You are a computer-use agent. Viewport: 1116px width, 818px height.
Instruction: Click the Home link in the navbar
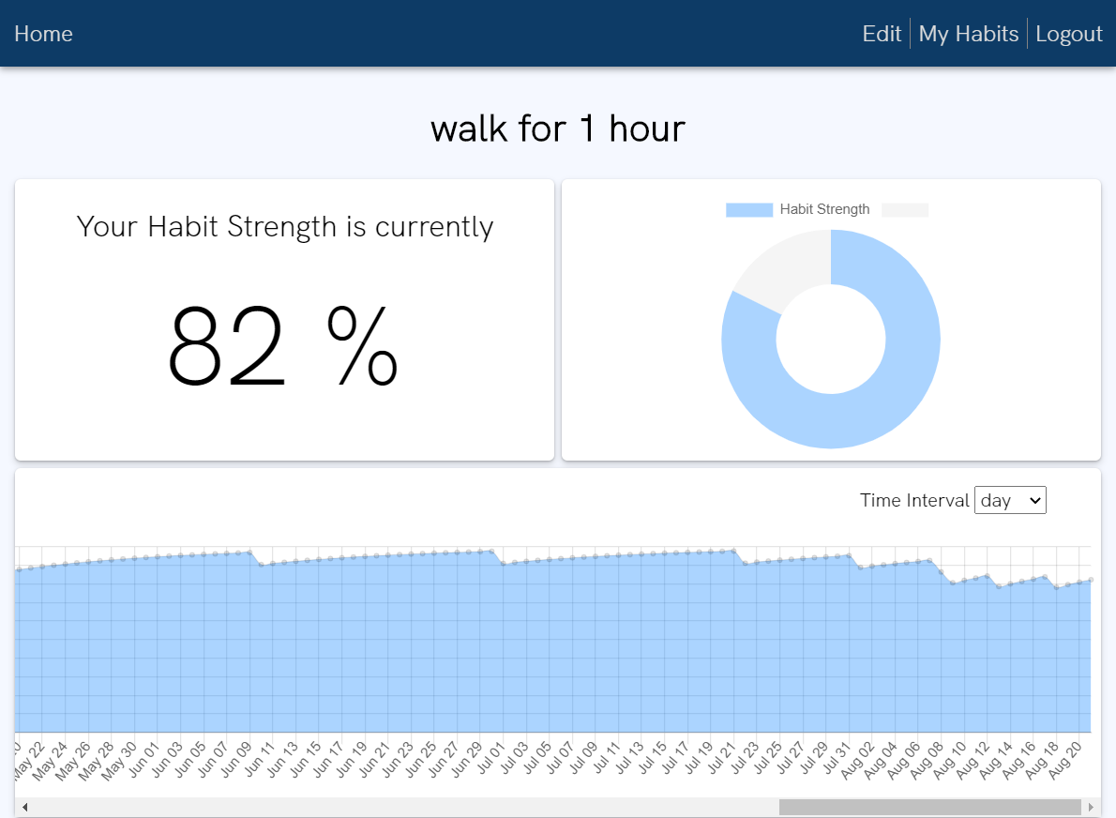pos(43,34)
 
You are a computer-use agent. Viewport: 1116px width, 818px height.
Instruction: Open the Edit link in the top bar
pos(882,34)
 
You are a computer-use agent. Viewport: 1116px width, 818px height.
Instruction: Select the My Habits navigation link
pos(968,34)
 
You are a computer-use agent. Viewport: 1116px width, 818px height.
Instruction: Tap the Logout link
pos(1068,34)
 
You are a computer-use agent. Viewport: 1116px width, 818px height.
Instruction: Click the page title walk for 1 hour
pos(558,129)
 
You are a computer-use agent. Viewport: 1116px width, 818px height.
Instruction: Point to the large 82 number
pos(227,347)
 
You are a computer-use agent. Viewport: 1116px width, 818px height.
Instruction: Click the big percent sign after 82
pos(362,347)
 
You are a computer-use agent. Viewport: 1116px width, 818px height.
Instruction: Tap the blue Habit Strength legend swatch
pos(748,210)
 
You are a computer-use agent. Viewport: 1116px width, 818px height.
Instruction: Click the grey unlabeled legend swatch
pos(905,210)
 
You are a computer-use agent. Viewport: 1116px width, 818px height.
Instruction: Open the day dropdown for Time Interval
pos(1010,501)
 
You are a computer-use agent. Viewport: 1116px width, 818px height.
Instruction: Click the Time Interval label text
pos(914,501)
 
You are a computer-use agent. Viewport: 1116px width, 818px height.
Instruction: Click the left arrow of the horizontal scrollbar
pos(24,807)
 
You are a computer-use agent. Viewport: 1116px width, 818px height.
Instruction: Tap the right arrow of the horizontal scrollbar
pos(1091,807)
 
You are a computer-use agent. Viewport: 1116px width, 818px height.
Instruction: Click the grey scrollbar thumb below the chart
pos(929,807)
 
